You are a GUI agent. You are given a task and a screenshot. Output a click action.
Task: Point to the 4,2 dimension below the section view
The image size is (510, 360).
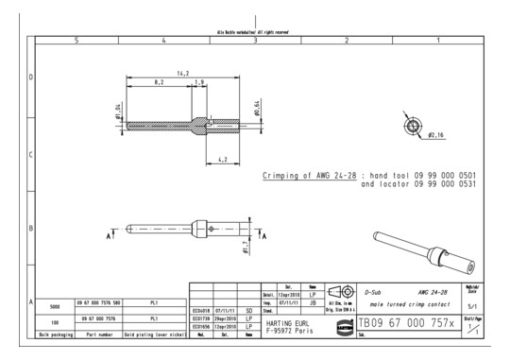tap(220, 158)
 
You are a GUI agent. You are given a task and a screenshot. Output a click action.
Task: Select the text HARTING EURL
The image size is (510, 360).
tap(299, 319)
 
